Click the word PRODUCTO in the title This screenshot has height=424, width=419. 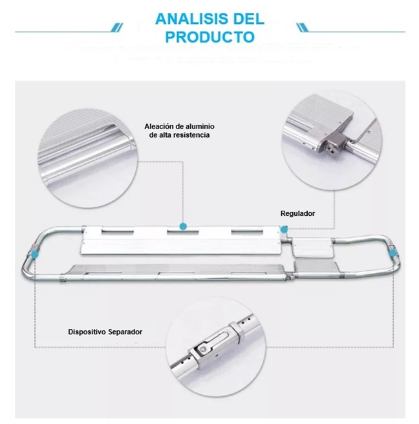[x=209, y=36]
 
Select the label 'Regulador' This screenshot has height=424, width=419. [x=297, y=213]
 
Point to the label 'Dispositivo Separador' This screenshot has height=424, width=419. [x=105, y=332]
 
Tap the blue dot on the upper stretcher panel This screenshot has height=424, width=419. [x=184, y=227]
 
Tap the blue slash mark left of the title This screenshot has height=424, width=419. [x=116, y=27]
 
